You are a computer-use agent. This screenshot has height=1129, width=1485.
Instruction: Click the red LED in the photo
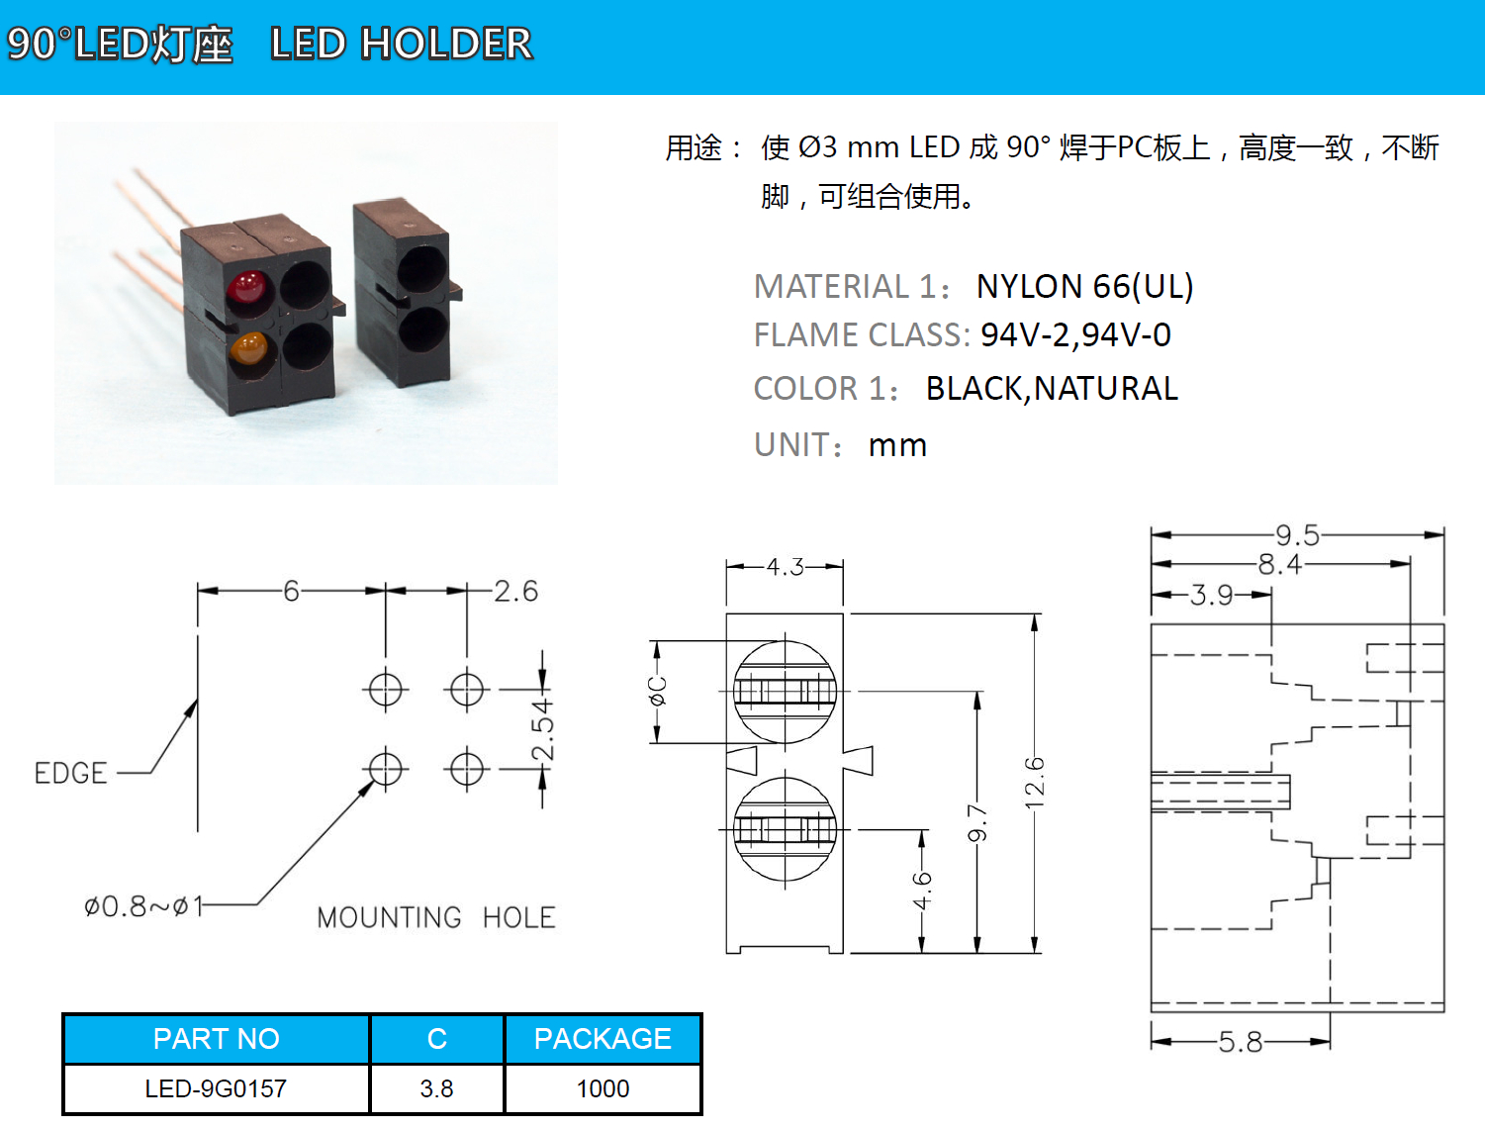(247, 288)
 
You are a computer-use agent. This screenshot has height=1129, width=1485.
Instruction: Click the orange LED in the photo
(248, 348)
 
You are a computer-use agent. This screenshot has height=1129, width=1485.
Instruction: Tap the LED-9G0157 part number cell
(216, 1088)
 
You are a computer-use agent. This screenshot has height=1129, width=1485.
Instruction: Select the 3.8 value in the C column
(436, 1088)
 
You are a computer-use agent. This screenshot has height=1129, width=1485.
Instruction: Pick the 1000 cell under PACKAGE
(603, 1088)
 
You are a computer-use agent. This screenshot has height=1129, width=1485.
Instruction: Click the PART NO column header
(216, 1038)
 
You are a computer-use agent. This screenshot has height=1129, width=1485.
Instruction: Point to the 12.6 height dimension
(1035, 783)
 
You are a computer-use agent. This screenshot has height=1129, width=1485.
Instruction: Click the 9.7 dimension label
(977, 823)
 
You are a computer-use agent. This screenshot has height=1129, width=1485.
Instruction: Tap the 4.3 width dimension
(785, 567)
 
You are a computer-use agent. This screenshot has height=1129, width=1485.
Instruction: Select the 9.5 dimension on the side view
(1297, 535)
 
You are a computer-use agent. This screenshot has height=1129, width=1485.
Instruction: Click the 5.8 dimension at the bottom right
(1240, 1041)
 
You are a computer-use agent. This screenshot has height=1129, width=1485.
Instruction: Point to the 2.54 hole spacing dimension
(542, 729)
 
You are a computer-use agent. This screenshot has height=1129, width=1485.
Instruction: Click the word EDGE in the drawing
(70, 773)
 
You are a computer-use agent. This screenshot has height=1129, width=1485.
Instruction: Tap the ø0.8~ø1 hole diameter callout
(143, 905)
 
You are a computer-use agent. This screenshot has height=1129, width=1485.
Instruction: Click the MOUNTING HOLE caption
(435, 917)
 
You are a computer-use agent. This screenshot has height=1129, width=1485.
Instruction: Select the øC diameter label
(658, 691)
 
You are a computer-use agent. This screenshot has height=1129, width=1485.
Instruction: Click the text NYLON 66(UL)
(1084, 286)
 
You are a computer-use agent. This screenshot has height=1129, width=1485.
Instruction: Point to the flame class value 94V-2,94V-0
(1075, 334)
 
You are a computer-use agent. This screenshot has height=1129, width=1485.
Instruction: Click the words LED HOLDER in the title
(401, 44)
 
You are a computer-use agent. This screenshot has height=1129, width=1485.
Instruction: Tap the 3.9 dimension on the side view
(1211, 595)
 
